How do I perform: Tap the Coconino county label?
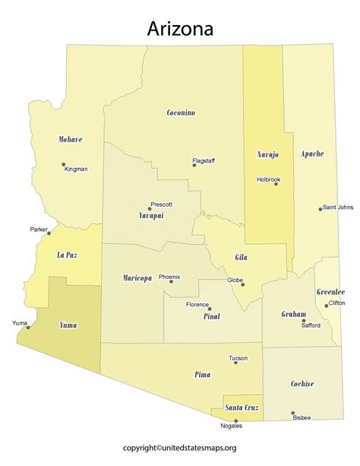181,113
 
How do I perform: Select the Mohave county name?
70,140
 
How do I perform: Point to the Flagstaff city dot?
194,165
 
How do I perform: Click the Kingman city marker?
62,165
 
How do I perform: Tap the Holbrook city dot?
276,184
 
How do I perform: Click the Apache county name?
312,154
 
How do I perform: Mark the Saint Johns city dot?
320,209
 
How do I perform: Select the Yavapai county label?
151,216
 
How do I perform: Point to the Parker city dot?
49,233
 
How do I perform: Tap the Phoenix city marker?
171,281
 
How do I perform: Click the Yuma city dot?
28,328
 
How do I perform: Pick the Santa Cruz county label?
242,408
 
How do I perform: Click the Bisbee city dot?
293,414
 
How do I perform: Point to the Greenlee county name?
330,292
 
